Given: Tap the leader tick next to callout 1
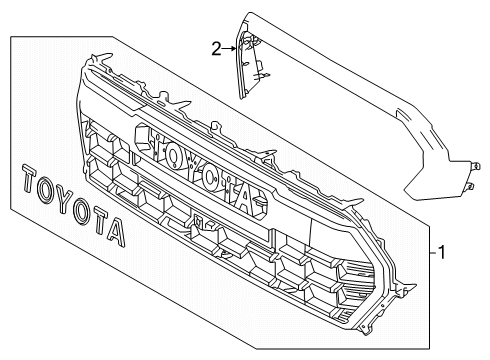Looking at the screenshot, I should tap(427, 254).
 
